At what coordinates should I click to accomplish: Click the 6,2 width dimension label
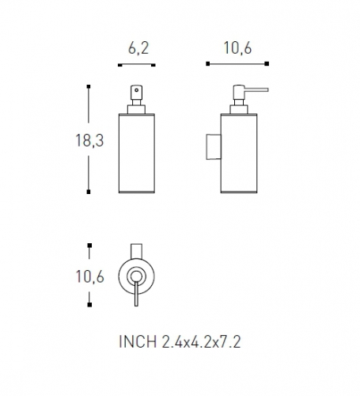[x=138, y=48]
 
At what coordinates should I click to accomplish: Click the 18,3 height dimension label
[x=89, y=140]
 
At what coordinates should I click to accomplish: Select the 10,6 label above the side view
[x=237, y=48]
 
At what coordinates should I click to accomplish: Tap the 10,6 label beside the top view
[x=90, y=276]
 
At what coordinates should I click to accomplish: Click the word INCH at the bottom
[x=138, y=341]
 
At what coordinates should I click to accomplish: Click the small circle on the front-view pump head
[x=136, y=90]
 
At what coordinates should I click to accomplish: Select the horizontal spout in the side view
[x=256, y=89]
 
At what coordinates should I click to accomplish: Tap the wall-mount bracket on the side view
[x=214, y=147]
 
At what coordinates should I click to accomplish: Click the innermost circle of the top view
[x=136, y=276]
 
